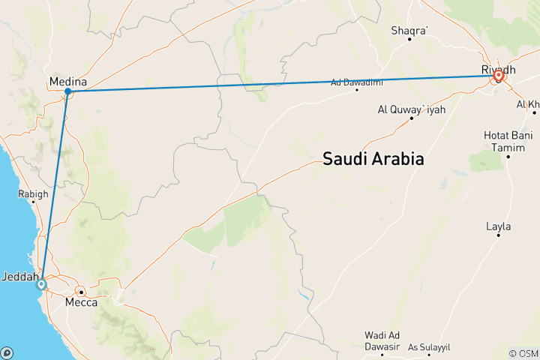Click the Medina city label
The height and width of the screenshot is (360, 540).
coord(67,81)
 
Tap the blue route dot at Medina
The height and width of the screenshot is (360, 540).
coord(68,91)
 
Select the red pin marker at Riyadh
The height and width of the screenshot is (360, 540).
coord(498,76)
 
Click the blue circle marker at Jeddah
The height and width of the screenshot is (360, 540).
coord(41,283)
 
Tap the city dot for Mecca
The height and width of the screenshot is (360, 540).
coord(80,292)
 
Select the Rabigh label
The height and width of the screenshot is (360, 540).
coord(33,193)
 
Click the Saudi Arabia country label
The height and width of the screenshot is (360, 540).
coord(373,159)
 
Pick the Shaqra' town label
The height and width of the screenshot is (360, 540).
coord(409,31)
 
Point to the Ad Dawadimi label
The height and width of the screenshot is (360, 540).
coord(356,82)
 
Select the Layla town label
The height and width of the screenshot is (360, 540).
coord(498,226)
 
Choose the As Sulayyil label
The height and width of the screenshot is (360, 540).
coord(430,347)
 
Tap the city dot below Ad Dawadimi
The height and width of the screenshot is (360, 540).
coord(357,90)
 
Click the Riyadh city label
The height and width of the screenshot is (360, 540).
coord(498,70)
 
